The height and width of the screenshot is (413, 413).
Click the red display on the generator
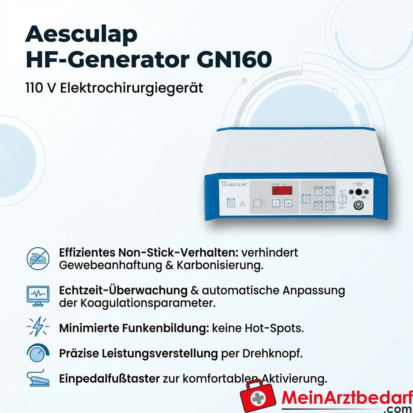282,190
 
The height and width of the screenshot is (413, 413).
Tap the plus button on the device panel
288,203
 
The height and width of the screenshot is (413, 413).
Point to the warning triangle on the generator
242,204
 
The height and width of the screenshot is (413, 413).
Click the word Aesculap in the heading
81,35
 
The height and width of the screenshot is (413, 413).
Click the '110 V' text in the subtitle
41,88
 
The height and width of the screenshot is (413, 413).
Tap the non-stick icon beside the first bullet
38,259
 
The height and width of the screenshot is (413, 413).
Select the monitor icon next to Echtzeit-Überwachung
38,296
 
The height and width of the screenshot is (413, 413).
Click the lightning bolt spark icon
38,328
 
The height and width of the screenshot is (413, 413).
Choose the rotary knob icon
38,353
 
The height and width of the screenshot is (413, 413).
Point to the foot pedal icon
38,378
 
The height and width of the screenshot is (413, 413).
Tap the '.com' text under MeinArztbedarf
399,408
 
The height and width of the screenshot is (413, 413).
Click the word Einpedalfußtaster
109,378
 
